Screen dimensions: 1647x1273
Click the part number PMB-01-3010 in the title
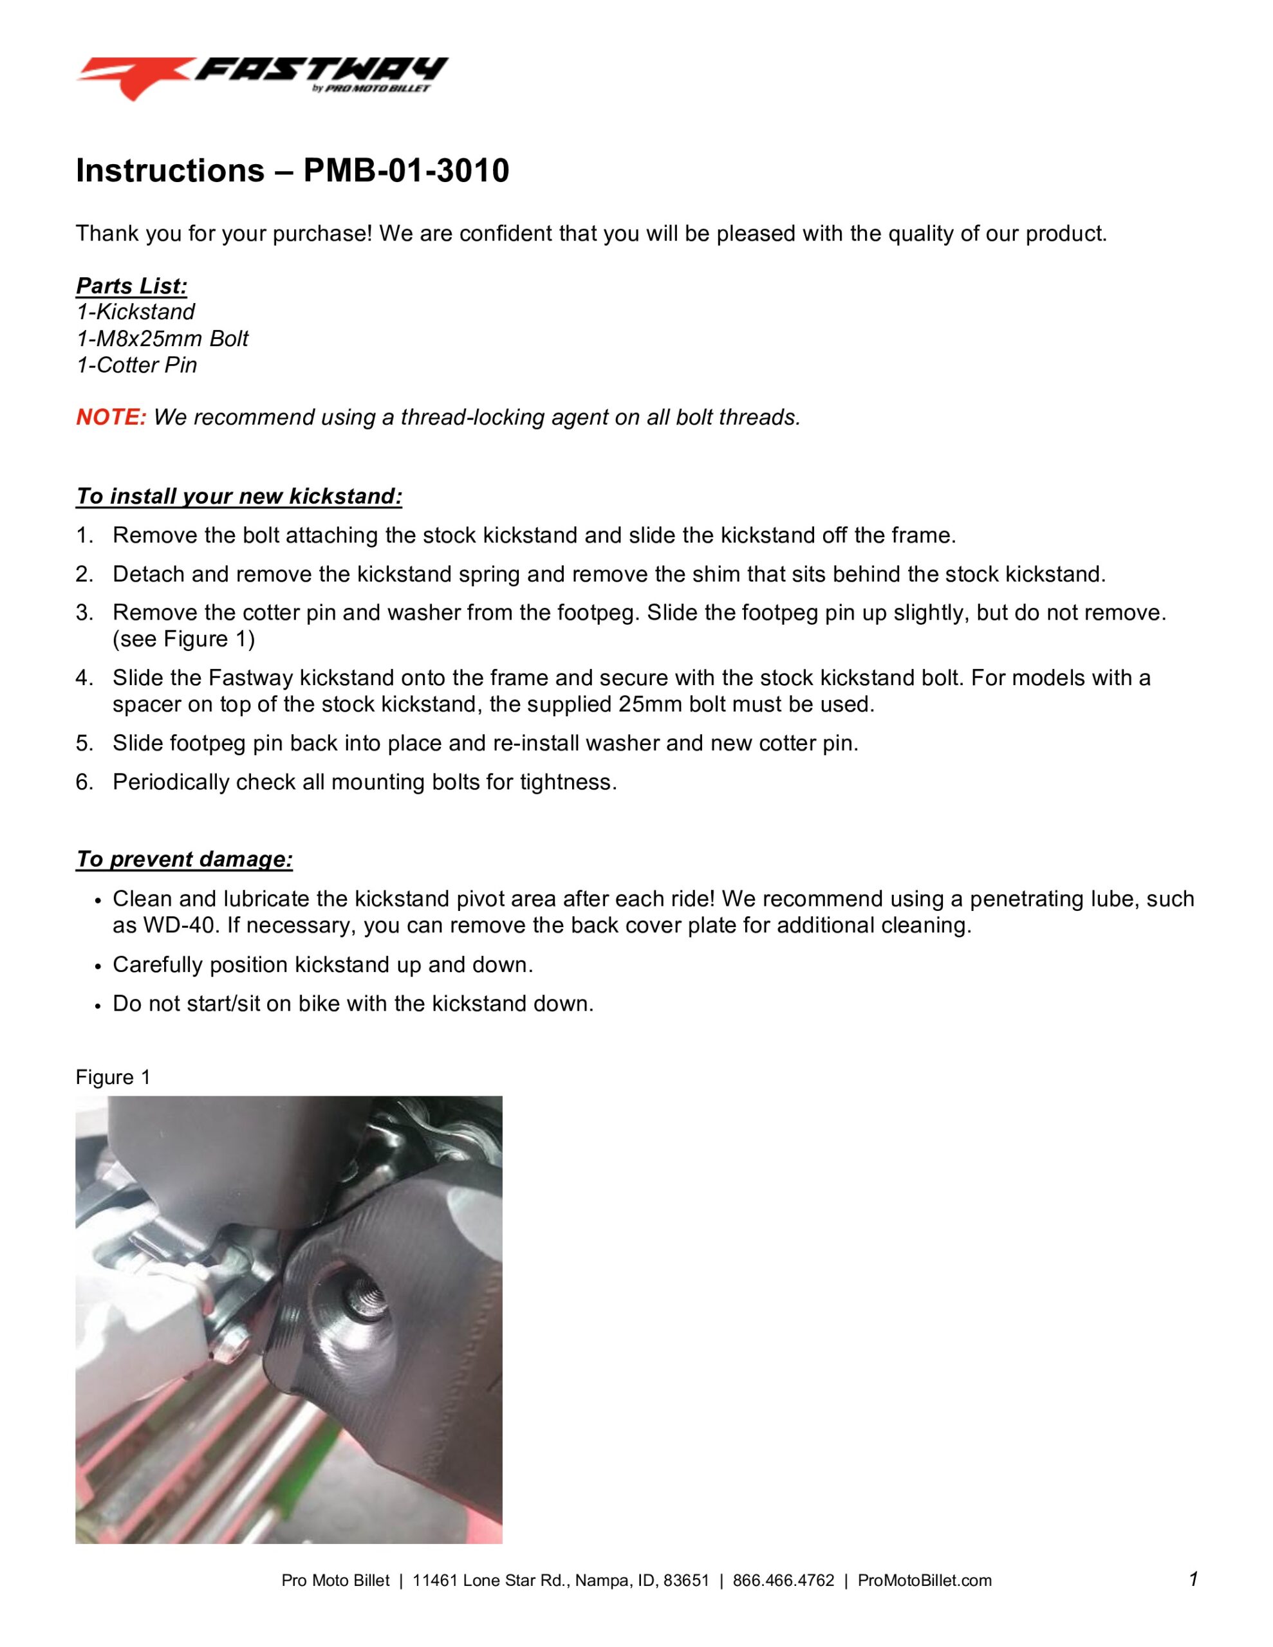pyautogui.click(x=406, y=171)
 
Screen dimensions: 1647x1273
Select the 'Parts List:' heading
pyautogui.click(x=131, y=286)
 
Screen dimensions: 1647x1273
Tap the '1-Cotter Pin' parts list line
pyautogui.click(x=136, y=365)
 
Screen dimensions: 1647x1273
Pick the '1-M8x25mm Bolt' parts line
pyautogui.click(x=162, y=338)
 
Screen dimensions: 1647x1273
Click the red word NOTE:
pyautogui.click(x=111, y=417)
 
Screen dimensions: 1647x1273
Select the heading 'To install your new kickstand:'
pyautogui.click(x=239, y=496)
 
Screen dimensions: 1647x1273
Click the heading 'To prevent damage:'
pyautogui.click(x=184, y=859)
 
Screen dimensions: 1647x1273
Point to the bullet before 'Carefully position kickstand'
pyautogui.click(x=97, y=967)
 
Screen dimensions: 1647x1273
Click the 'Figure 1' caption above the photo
pyautogui.click(x=113, y=1077)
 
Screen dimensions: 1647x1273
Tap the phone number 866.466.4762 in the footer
pyautogui.click(x=783, y=1581)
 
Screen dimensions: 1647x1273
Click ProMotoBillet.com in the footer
pyautogui.click(x=924, y=1581)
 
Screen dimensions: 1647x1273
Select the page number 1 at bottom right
pyautogui.click(x=1193, y=1579)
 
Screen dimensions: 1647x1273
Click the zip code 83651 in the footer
pyautogui.click(x=686, y=1581)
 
